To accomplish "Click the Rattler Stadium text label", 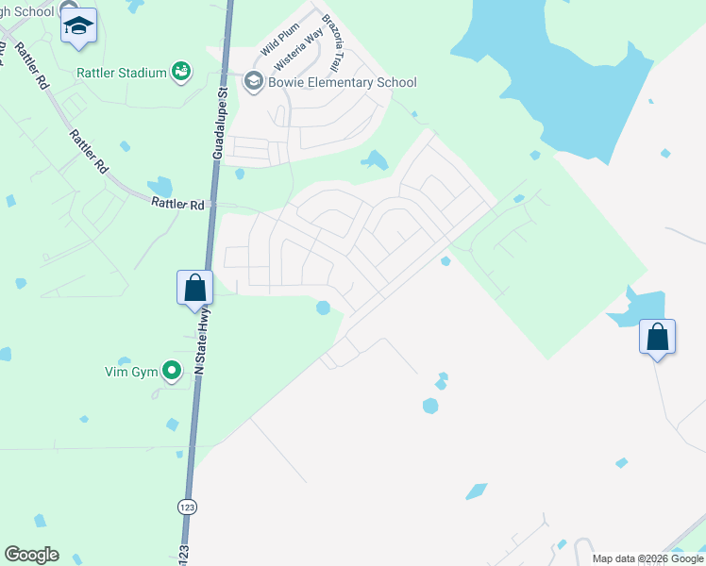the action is (122, 72).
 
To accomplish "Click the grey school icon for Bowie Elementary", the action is (253, 82).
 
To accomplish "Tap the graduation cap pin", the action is (78, 27).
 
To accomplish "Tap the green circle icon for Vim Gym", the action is (172, 372).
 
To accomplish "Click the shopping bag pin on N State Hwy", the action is (194, 287).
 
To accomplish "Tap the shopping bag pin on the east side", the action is (657, 337).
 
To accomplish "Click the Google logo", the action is (31, 555).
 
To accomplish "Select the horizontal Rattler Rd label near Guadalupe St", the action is (177, 204).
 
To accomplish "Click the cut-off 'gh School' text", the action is (26, 11).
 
